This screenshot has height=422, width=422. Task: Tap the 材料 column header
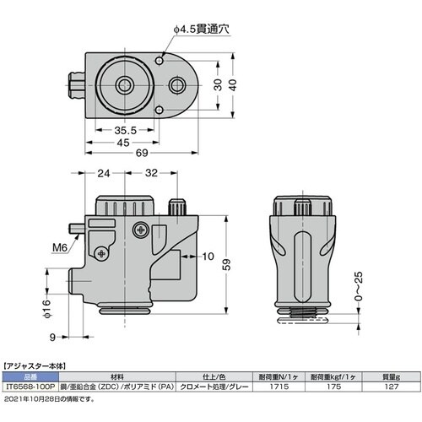click(115, 376)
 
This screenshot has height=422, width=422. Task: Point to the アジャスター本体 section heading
click(40, 365)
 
